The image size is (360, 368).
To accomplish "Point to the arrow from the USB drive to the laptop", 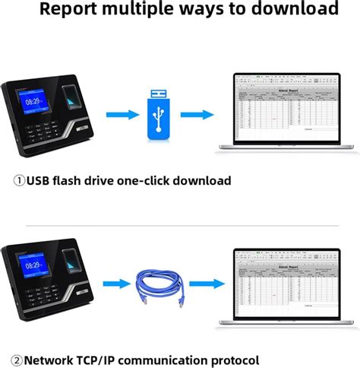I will click(197, 115).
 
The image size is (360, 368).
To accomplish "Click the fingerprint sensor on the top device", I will click(71, 99).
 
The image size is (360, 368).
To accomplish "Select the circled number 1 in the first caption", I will click(19, 181).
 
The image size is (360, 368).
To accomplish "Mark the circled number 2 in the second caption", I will click(16, 359).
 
